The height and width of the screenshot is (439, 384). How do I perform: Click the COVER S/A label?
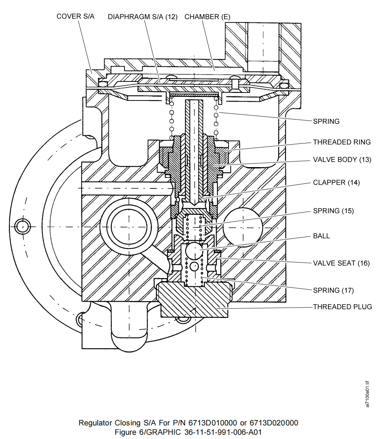75,16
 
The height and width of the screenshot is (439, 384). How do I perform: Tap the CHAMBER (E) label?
208,17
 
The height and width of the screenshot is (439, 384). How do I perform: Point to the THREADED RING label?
342,142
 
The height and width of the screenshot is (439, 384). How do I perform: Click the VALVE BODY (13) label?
342,160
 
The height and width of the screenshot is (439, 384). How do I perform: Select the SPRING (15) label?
333,211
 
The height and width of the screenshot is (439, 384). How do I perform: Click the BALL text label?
322,236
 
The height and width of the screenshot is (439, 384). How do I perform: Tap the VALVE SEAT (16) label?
341,263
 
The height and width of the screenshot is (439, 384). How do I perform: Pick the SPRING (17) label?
333,291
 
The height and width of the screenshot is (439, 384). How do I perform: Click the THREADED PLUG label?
342,307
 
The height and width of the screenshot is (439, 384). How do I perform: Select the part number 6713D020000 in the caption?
274,423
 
